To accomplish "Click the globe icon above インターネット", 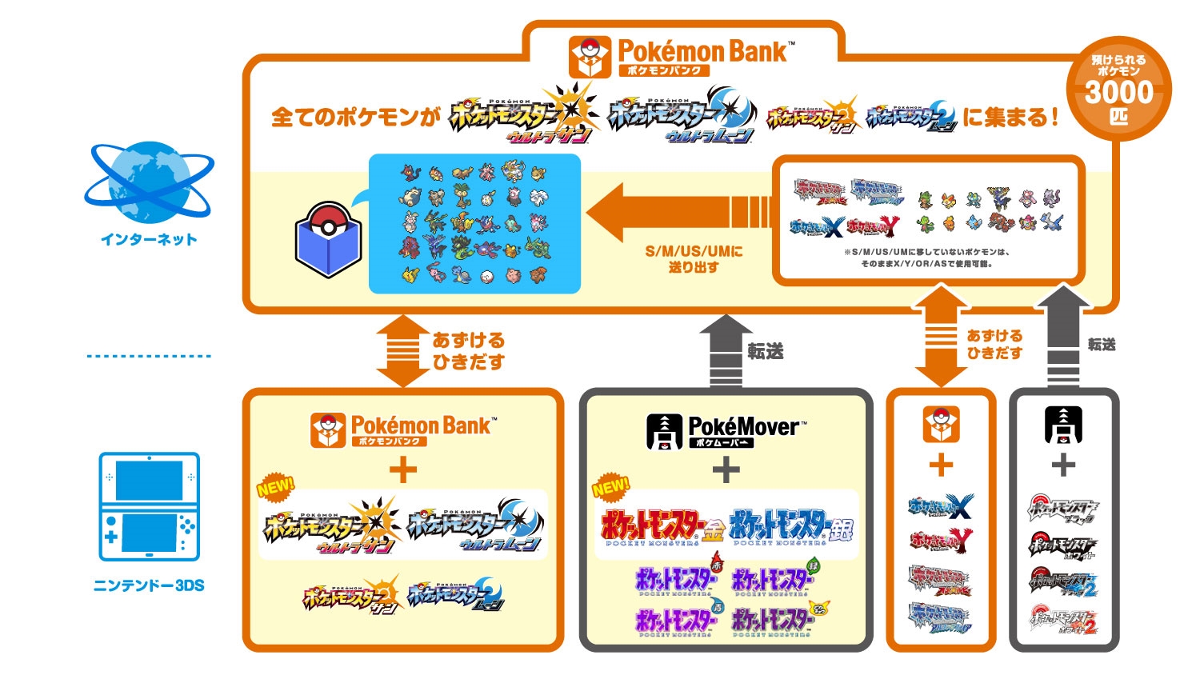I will [x=148, y=183].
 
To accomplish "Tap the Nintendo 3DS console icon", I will [x=149, y=506].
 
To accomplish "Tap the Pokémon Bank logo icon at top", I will [x=590, y=57].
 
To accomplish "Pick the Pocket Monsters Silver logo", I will [x=790, y=527].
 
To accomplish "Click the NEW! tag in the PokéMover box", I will [x=611, y=486].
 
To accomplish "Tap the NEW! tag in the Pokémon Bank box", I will [x=276, y=486].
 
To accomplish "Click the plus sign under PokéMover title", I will [x=726, y=469].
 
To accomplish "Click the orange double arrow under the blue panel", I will [x=402, y=350].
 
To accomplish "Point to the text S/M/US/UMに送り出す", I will [x=694, y=259].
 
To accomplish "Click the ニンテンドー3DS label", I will [x=149, y=585].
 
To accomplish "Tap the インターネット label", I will [x=149, y=239].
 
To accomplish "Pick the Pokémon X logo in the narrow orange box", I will [x=941, y=506].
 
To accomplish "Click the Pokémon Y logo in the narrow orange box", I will [x=941, y=541].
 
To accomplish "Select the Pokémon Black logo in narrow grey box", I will [x=1063, y=509].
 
